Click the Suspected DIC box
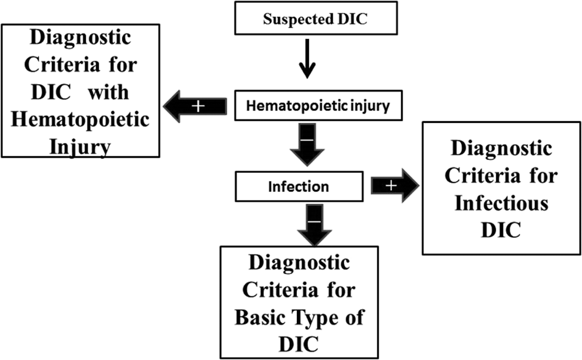(x=316, y=18)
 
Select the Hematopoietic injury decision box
(x=318, y=105)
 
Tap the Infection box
(x=299, y=186)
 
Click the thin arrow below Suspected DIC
(x=307, y=59)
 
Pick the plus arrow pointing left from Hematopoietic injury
(x=195, y=106)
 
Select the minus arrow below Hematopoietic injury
(x=307, y=145)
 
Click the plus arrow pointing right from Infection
(x=395, y=185)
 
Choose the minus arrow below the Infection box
(x=315, y=225)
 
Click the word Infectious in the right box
(x=501, y=203)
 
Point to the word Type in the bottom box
(x=312, y=319)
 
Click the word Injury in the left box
(x=80, y=147)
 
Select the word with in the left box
(x=108, y=92)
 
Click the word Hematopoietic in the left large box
(x=80, y=120)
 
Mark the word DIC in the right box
(x=501, y=230)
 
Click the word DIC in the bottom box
(x=299, y=344)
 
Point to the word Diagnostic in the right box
(x=501, y=149)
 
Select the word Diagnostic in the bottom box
(x=299, y=263)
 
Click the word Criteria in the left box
(x=62, y=65)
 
